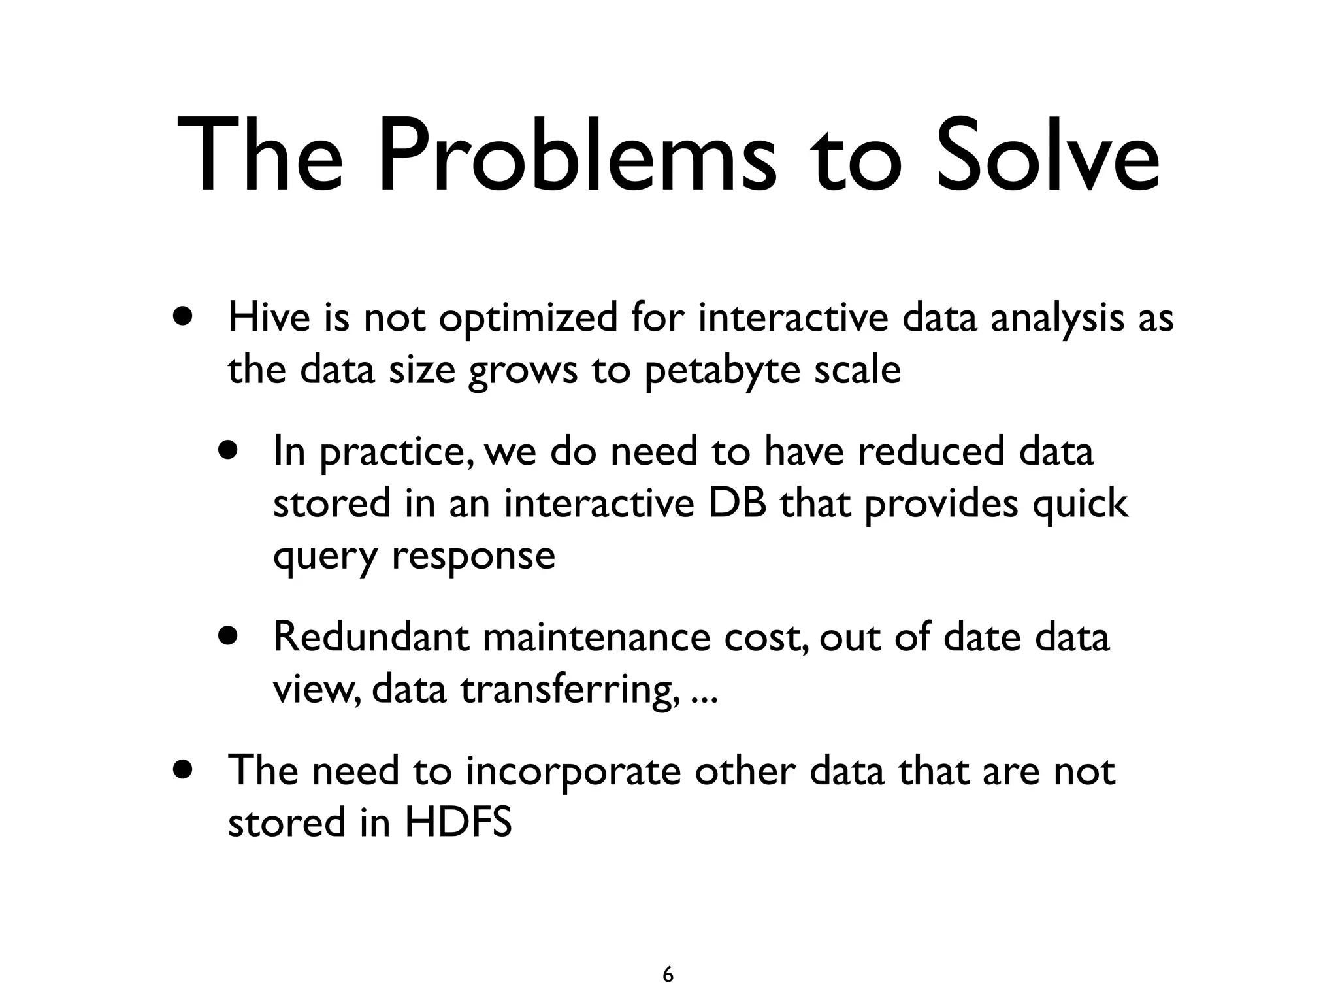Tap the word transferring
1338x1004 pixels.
coord(568,690)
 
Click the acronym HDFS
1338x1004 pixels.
coord(458,822)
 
